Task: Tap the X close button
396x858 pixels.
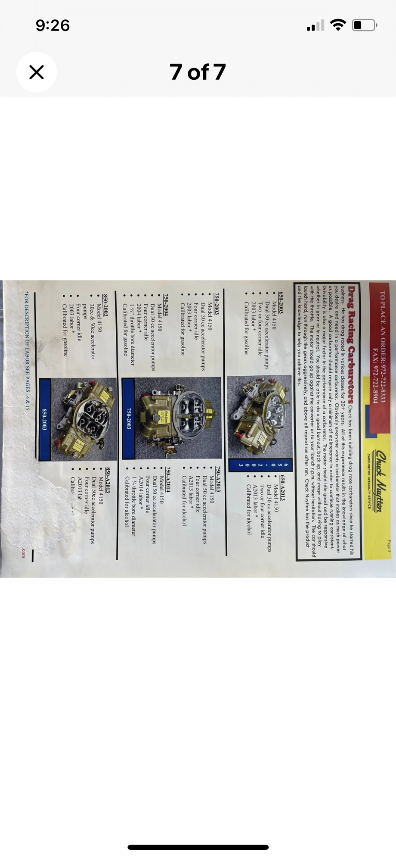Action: [x=37, y=72]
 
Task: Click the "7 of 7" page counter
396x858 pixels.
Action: [x=198, y=72]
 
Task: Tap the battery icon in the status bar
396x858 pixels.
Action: [x=365, y=25]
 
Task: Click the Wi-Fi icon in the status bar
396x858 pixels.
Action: [x=338, y=25]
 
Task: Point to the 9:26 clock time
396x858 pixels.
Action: [x=53, y=25]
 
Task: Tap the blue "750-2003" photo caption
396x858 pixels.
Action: [x=128, y=418]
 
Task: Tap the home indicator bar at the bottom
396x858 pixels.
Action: [x=198, y=847]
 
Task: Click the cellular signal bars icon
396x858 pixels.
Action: [x=316, y=26]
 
